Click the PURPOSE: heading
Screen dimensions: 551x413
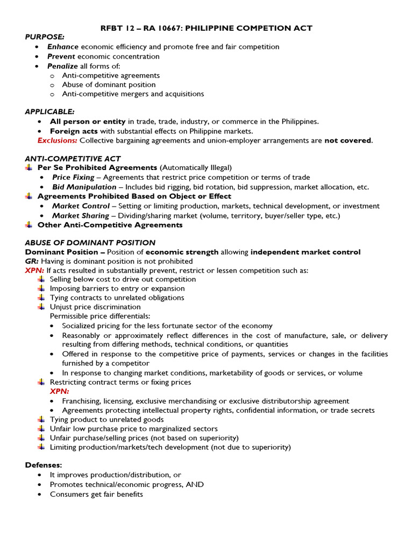(x=45, y=37)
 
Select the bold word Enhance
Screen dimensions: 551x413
(x=63, y=47)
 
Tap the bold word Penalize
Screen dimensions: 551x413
(x=62, y=66)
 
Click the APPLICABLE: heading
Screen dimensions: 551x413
(x=50, y=111)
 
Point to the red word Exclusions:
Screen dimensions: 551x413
(x=58, y=140)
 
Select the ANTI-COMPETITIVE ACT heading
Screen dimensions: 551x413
(x=73, y=159)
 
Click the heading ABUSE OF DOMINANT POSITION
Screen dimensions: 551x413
(x=90, y=243)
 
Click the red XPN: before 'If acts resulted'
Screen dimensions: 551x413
(x=34, y=270)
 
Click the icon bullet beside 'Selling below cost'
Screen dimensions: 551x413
(x=41, y=279)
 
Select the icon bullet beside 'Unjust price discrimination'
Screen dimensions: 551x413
(x=41, y=307)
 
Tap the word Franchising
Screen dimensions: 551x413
(x=84, y=401)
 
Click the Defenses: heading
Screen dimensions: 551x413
(x=44, y=465)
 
